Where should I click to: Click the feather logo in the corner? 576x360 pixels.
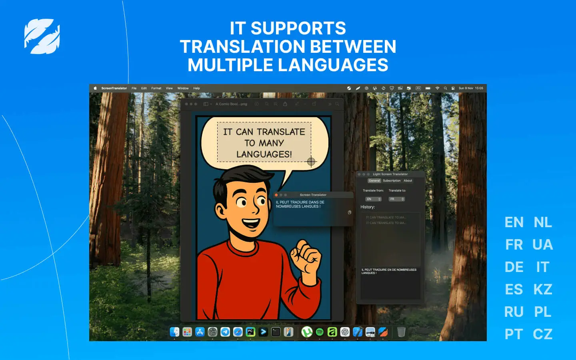tap(42, 36)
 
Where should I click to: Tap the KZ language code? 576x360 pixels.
tap(542, 289)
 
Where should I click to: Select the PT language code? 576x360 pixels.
tap(514, 334)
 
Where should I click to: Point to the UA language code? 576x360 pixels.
tap(542, 244)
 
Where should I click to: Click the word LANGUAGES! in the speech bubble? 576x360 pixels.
tap(264, 154)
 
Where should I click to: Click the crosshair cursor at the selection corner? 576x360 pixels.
tap(311, 162)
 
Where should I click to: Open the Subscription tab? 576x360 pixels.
tap(392, 181)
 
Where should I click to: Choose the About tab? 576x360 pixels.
tap(408, 181)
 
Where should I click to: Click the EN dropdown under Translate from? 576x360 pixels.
tap(373, 199)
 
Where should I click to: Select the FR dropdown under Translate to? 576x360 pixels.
tap(396, 199)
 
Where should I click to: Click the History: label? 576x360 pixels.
tap(368, 207)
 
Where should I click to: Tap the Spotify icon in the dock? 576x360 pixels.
tap(320, 332)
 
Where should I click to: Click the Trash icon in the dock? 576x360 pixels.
tap(401, 332)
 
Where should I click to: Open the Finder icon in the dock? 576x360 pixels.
tap(174, 332)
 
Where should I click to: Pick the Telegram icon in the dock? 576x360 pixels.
tap(225, 332)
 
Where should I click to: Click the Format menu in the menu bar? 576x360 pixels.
tap(156, 88)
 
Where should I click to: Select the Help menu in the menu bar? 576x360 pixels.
tap(196, 88)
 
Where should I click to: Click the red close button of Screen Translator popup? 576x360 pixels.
tap(276, 195)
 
